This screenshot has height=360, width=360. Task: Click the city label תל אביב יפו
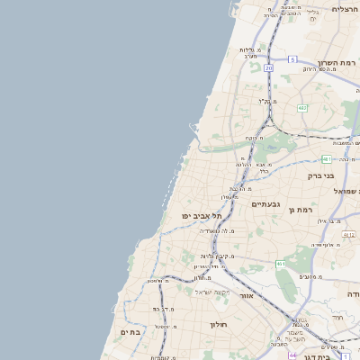201,216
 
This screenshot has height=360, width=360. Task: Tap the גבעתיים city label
266,204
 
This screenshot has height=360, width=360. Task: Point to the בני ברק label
320,176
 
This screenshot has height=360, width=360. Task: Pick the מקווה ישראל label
213,293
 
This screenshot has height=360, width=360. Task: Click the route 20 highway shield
268,67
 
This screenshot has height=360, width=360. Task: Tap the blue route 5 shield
292,59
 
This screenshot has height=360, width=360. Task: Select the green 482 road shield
302,108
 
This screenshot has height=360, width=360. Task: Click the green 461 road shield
281,264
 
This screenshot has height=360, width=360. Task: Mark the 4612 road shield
350,234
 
